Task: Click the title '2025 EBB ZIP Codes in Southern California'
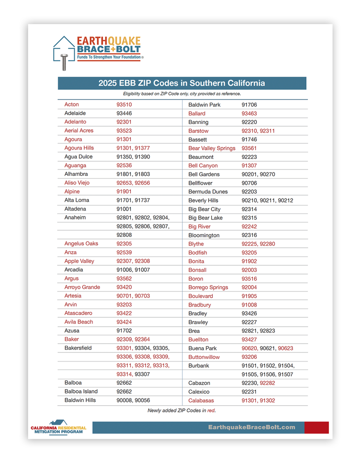(182, 83)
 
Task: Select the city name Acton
(71, 104)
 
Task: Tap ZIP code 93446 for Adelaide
(124, 113)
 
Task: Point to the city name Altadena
(75, 209)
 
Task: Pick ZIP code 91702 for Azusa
(124, 331)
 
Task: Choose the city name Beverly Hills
(203, 200)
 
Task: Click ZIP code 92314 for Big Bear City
(249, 209)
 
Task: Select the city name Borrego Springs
(208, 287)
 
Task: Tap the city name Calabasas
(201, 401)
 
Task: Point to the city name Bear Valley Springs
(212, 148)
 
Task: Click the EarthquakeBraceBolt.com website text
(251, 427)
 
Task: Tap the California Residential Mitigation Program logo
(58, 427)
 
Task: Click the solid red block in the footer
(316, 428)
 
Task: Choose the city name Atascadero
(78, 313)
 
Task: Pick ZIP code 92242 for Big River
(249, 227)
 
